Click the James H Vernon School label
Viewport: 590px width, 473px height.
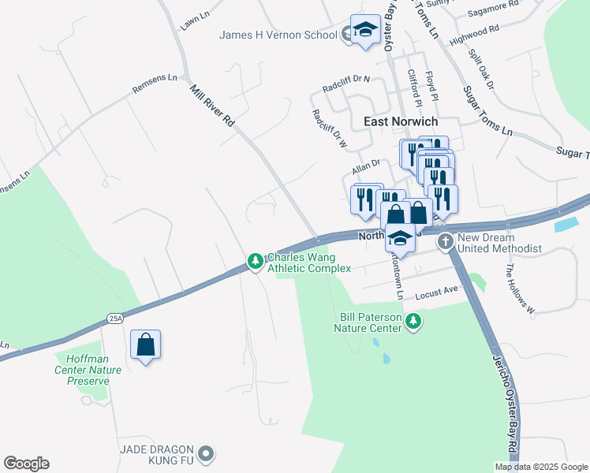tap(278, 35)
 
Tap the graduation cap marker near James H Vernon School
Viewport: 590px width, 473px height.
tap(365, 31)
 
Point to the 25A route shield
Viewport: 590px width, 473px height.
tap(115, 318)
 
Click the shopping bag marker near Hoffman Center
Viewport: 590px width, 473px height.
tap(145, 345)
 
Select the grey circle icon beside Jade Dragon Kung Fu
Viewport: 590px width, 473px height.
tap(206, 453)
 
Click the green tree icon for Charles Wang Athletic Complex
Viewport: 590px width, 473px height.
tap(255, 261)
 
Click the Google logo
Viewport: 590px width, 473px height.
tap(26, 464)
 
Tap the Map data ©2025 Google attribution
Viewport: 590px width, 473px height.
tap(541, 467)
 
